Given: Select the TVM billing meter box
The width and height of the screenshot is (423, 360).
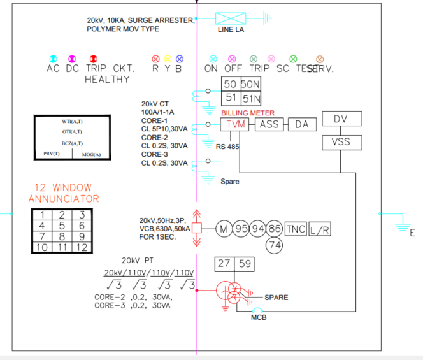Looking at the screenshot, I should (236, 124).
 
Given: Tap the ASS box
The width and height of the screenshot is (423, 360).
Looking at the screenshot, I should (269, 124).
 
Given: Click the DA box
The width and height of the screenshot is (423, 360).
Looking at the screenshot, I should (301, 124).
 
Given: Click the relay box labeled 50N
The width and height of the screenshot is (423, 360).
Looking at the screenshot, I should (250, 84).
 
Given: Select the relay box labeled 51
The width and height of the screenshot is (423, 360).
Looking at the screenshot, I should (230, 98).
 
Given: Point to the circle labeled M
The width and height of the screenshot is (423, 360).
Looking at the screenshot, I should (224, 229).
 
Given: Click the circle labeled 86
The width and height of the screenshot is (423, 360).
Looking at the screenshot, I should (275, 229).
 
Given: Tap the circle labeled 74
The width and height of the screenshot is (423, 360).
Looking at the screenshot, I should (275, 244).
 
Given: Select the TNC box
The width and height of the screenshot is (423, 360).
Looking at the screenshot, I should (296, 229).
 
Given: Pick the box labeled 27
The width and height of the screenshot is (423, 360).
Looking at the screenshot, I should (224, 263).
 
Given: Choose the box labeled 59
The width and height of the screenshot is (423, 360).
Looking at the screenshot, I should (244, 263).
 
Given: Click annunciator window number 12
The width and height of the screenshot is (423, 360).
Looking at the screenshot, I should (82, 247).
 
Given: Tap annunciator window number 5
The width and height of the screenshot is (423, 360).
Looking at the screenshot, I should (61, 226).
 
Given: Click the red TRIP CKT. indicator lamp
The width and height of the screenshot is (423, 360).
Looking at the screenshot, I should (93, 59).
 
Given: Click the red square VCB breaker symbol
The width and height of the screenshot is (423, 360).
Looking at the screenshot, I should (197, 228).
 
